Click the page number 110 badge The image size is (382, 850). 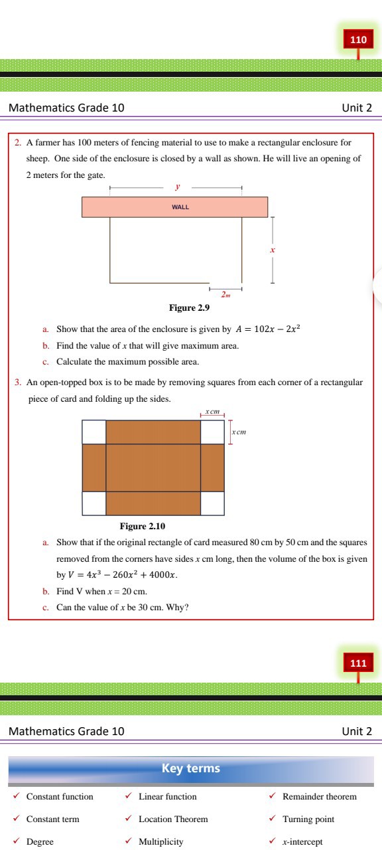357,40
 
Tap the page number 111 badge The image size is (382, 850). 357,663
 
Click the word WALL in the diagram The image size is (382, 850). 180,207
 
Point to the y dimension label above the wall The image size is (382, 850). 177,189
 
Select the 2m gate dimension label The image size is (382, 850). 226,294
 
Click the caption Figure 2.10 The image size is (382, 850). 142,527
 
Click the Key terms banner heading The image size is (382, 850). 191,768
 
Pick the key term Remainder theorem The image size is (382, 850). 319,797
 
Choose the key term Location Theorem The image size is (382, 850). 173,819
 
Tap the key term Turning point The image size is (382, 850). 308,819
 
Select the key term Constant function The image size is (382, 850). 60,797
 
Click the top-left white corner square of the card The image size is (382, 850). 94,432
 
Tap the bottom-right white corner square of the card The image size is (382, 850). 212,503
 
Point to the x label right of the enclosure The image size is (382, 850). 272,250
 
